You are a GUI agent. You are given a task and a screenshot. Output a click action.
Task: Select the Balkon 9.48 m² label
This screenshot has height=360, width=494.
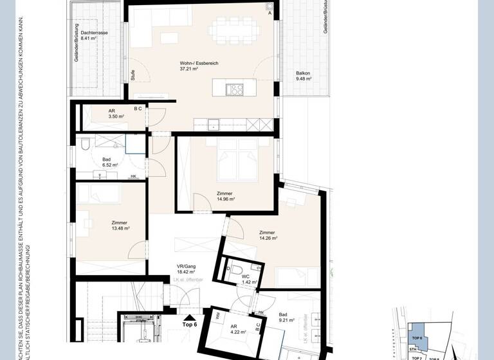click(303, 76)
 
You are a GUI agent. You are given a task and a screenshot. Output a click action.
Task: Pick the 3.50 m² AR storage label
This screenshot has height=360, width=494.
click(98, 114)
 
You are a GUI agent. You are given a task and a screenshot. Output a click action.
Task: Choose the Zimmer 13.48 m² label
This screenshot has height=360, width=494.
click(120, 224)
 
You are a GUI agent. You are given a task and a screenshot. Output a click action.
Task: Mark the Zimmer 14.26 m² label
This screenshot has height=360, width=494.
click(268, 235)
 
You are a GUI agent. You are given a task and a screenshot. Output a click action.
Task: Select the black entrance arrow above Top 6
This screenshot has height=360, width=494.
click(189, 317)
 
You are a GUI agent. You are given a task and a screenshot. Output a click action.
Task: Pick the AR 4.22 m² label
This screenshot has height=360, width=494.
click(237, 330)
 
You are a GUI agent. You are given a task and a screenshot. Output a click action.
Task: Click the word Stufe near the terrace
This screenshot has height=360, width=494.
click(132, 73)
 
